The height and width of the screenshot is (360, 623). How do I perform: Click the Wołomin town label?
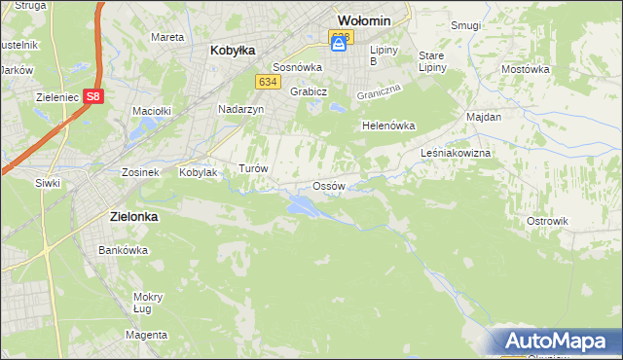point(363,19)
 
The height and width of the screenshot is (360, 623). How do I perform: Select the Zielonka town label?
point(128,218)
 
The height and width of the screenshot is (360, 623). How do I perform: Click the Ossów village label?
point(329,186)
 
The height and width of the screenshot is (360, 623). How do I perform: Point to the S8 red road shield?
point(92,96)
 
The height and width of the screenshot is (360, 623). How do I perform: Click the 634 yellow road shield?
point(270,82)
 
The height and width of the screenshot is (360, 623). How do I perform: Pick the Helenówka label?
point(388,126)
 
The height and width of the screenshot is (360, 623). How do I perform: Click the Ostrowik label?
point(546,221)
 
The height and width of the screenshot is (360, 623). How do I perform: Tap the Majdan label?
point(484,117)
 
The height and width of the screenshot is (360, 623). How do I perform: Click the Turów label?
point(253,168)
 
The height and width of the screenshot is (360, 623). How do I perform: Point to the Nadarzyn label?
point(241,110)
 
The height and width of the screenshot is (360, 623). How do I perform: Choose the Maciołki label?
point(151,110)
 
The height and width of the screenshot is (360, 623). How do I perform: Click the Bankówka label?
point(123,250)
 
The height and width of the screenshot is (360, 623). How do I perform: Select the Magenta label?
point(146,335)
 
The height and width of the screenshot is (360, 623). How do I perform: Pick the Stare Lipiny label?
point(431,61)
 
